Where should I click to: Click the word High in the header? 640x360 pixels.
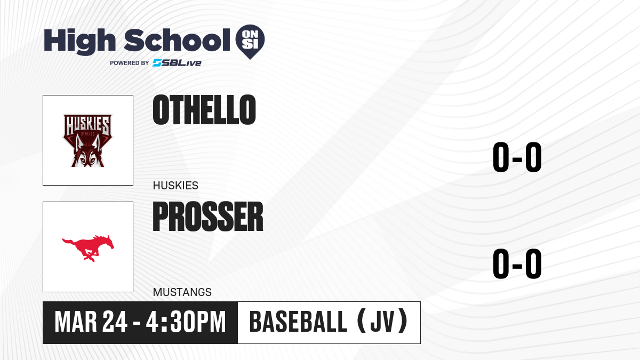pyautogui.click(x=79, y=41)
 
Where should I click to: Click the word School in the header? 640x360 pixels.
pyautogui.click(x=177, y=40)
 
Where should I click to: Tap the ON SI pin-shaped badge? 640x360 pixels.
pyautogui.click(x=250, y=42)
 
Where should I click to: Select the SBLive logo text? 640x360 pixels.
pyautogui.click(x=177, y=63)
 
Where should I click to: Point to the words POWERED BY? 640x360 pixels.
pyautogui.click(x=130, y=63)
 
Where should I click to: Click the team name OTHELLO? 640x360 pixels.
pyautogui.click(x=204, y=110)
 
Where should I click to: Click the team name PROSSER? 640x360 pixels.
pyautogui.click(x=208, y=217)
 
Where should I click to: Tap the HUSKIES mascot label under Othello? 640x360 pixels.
pyautogui.click(x=175, y=186)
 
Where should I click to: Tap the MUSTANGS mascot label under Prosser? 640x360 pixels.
pyautogui.click(x=182, y=292)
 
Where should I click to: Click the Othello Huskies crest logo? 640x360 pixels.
pyautogui.click(x=87, y=140)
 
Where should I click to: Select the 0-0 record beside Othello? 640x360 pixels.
pyautogui.click(x=517, y=157)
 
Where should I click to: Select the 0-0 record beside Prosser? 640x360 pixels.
pyautogui.click(x=517, y=263)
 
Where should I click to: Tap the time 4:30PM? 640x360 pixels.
pyautogui.click(x=186, y=322)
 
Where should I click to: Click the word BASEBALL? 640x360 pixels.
pyautogui.click(x=298, y=322)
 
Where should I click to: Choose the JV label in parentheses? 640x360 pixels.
pyautogui.click(x=382, y=322)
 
